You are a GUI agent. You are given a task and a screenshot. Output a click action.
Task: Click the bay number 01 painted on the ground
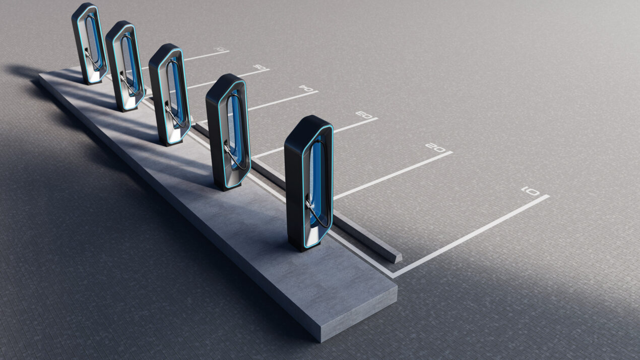point(530,191)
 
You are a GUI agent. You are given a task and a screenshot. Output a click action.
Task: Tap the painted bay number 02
point(435,147)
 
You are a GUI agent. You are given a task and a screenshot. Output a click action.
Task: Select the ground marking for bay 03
point(363,114)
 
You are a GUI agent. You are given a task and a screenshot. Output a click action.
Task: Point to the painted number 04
point(305,88)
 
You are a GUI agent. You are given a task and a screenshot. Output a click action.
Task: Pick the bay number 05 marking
point(259,67)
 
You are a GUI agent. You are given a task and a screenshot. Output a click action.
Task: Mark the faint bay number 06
point(220,49)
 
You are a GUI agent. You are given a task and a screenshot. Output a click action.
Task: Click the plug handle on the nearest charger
point(308,204)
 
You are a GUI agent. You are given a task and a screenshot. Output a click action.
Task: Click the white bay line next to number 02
point(393,174)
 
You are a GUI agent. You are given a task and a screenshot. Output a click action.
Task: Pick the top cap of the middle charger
point(164,51)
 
